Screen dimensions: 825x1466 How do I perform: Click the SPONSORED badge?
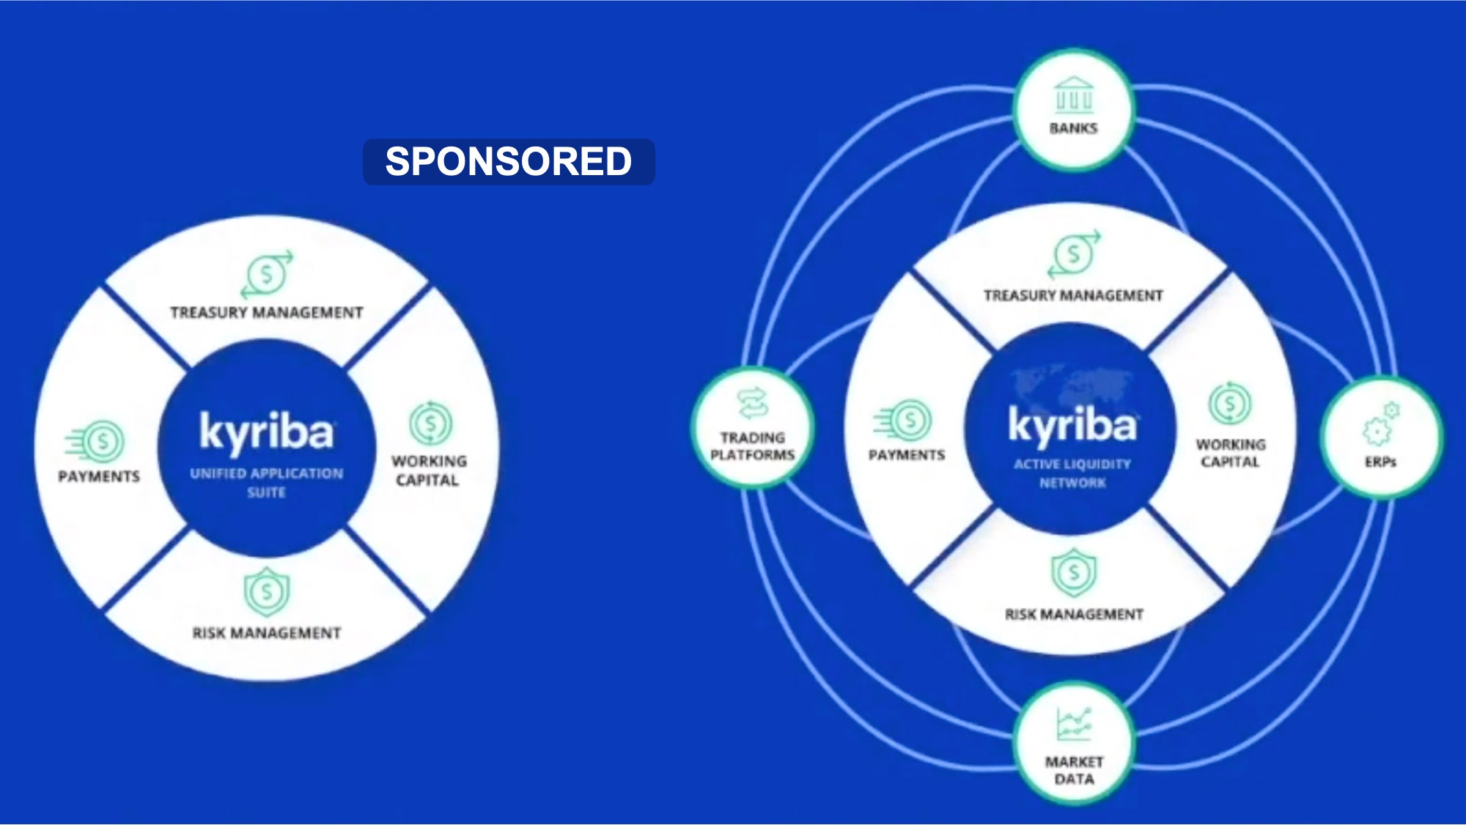[x=509, y=161]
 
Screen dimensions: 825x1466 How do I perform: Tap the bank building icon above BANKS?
[x=1074, y=95]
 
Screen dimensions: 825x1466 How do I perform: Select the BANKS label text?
[x=1074, y=128]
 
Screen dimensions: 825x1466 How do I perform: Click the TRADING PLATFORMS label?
[x=753, y=446]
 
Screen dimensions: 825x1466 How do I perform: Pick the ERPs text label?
[x=1380, y=462]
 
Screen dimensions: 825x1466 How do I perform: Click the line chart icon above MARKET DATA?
[x=1074, y=724]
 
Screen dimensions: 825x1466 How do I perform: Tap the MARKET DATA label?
[x=1074, y=771]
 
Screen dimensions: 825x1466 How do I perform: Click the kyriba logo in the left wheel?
[x=267, y=432]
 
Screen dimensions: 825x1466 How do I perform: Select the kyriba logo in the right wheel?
[x=1072, y=425]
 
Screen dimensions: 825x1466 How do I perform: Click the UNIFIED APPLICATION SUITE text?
[x=267, y=483]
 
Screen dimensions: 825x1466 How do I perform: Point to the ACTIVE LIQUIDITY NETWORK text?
[x=1072, y=473]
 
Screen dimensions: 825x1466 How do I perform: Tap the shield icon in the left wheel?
[x=267, y=591]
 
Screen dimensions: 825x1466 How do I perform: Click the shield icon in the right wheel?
[x=1074, y=572]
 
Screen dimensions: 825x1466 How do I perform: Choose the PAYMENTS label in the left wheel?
[x=99, y=477]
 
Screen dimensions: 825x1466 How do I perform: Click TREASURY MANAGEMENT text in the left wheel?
[x=267, y=313]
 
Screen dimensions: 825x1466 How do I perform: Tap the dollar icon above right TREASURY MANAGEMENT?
[x=1074, y=254]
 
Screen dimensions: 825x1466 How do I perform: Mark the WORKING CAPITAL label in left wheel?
[x=429, y=470]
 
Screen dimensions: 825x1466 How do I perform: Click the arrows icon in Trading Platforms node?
[x=753, y=404]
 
